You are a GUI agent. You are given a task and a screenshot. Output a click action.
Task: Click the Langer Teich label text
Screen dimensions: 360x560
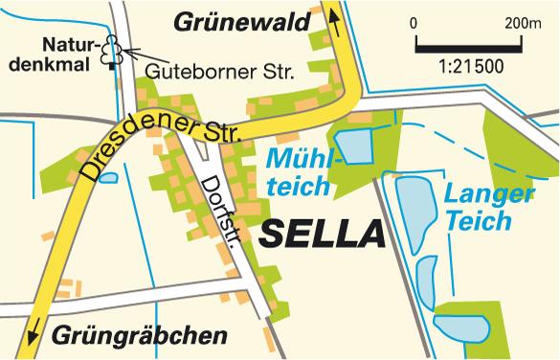click(x=488, y=207)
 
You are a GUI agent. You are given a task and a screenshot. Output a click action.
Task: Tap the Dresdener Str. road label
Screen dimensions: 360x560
click(x=157, y=145)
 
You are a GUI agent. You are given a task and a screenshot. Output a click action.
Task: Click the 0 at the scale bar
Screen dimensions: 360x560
click(x=413, y=22)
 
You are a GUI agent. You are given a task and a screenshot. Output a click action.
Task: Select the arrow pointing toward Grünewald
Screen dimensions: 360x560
click(x=334, y=16)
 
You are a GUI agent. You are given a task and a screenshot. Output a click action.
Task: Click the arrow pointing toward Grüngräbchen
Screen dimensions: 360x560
click(x=35, y=331)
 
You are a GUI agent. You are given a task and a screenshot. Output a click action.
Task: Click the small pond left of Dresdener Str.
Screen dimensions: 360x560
click(x=107, y=177)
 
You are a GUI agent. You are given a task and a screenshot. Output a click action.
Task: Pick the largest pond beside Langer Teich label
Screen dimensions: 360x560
click(x=414, y=211)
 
